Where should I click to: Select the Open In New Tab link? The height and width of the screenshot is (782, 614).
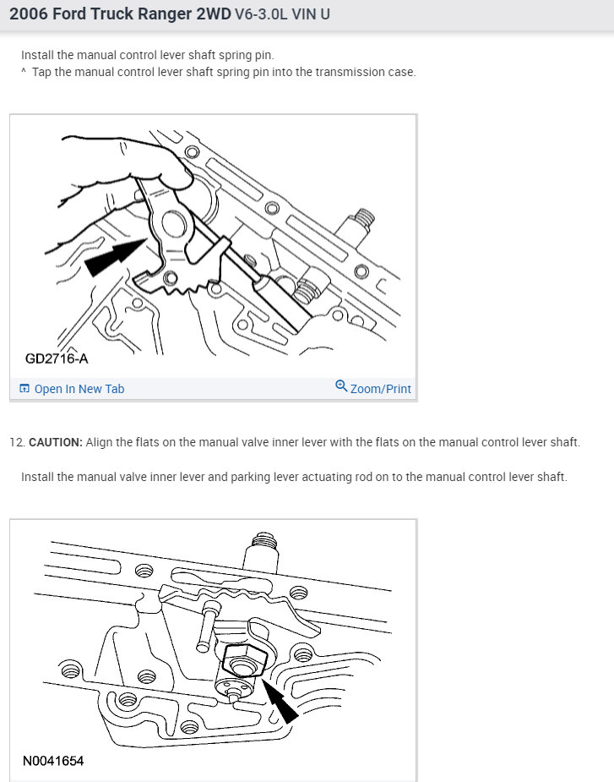[79, 389]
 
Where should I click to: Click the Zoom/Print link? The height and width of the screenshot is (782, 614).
[380, 389]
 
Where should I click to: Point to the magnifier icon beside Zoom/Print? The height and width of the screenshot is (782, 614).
[341, 386]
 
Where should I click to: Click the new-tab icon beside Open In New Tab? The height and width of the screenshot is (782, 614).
[24, 389]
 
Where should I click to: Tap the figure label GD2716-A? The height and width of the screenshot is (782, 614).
[57, 359]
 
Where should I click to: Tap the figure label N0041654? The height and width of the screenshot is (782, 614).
[54, 761]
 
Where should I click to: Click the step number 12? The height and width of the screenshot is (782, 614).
[16, 443]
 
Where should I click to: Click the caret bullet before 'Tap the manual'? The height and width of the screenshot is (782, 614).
[24, 72]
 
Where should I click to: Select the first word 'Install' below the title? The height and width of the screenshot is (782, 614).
[38, 55]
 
